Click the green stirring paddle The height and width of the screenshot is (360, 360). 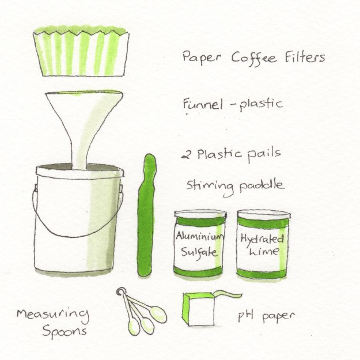[146, 216]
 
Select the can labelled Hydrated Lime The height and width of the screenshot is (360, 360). [263, 244]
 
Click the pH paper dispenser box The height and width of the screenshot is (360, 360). [199, 309]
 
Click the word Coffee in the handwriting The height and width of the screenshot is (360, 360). [254, 58]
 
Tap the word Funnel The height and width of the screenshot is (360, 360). [203, 104]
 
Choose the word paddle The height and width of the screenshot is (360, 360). [262, 185]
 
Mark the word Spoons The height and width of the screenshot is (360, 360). [65, 331]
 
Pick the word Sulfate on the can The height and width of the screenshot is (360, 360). [199, 252]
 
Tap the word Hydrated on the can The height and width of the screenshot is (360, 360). [262, 239]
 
